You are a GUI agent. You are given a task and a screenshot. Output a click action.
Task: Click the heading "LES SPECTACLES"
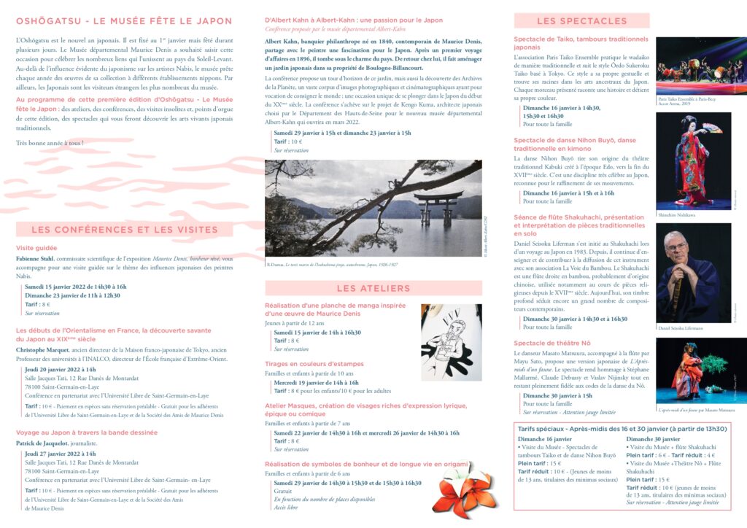point(581,21)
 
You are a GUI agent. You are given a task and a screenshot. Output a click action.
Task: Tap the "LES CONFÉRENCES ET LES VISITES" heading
point(125,230)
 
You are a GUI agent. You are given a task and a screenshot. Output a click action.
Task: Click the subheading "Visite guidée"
point(36,248)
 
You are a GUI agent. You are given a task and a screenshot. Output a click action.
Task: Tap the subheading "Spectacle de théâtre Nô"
point(552,343)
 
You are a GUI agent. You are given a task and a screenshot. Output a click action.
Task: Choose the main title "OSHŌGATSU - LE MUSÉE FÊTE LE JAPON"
point(124,21)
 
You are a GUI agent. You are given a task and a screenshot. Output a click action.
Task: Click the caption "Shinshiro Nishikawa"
point(677,215)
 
